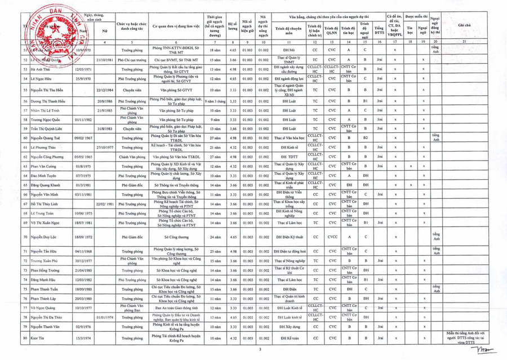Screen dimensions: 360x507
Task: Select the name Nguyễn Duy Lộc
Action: [x=44, y=238]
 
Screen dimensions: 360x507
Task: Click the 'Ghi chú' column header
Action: [x=465, y=26]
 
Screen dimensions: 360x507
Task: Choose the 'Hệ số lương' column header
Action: [x=232, y=26]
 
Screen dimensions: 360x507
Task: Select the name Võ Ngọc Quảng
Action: [x=44, y=308]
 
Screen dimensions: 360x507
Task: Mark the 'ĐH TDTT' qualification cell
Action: [x=282, y=156]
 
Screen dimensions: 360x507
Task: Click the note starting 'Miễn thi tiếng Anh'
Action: [x=465, y=338]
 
